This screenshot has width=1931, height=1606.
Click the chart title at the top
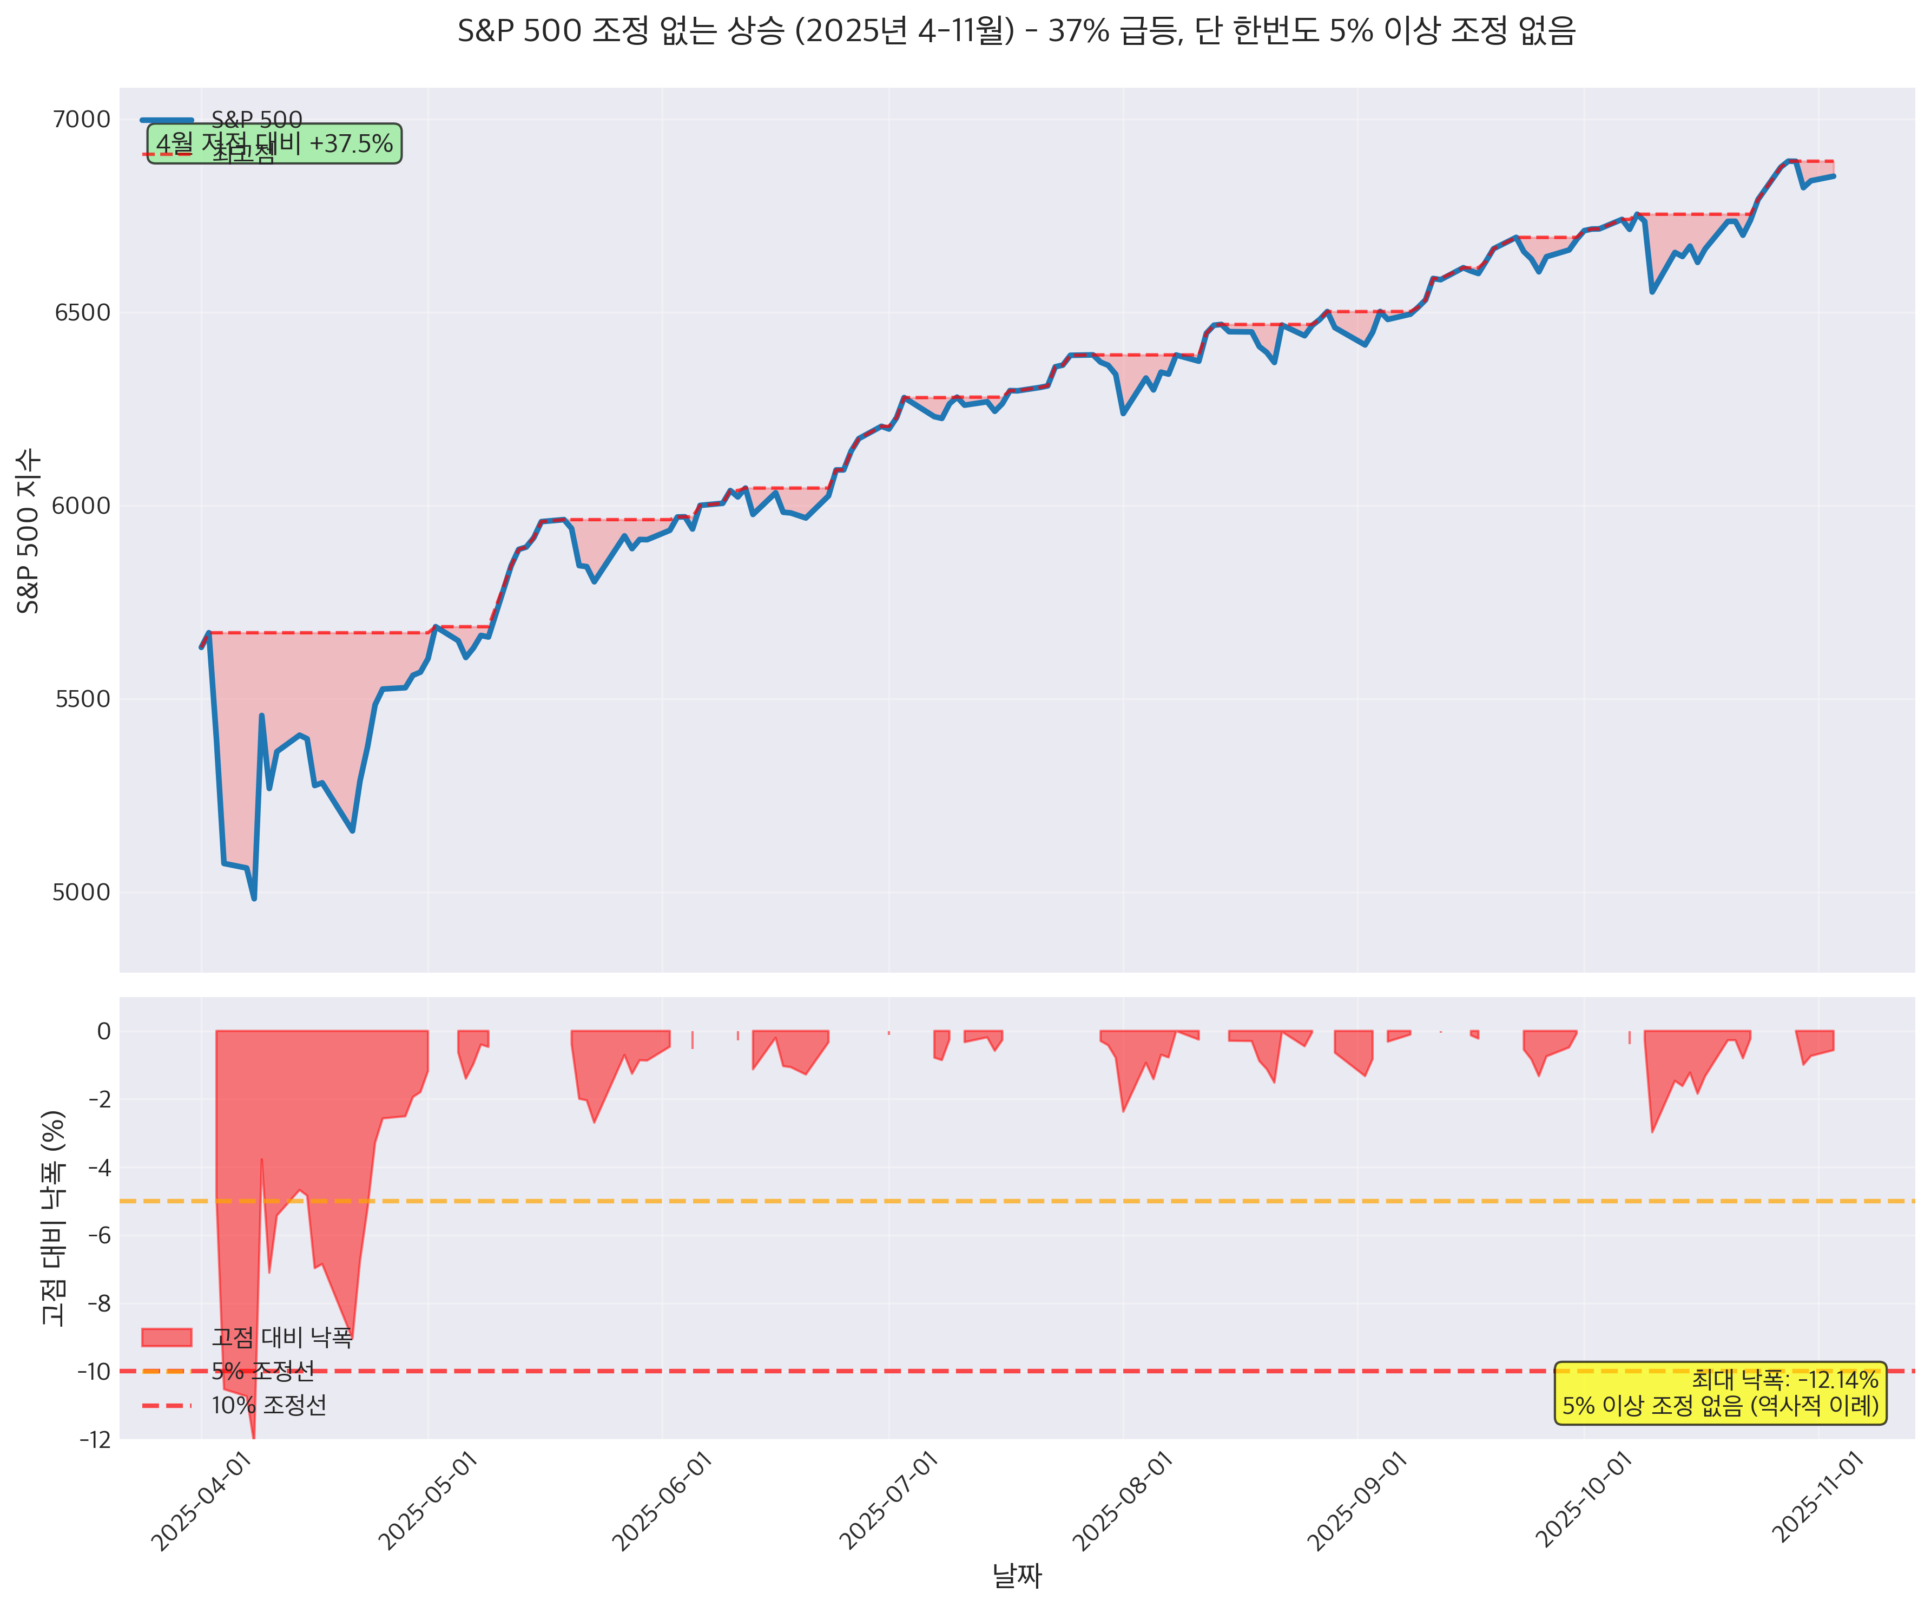coord(1016,31)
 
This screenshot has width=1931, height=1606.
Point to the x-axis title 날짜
coord(1016,1576)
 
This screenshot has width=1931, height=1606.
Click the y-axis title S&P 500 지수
coord(29,531)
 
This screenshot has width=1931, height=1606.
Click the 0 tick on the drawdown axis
coord(104,1031)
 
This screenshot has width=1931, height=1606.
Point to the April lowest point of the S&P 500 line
coord(254,899)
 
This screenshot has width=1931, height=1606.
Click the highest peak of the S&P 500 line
coord(1789,161)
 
